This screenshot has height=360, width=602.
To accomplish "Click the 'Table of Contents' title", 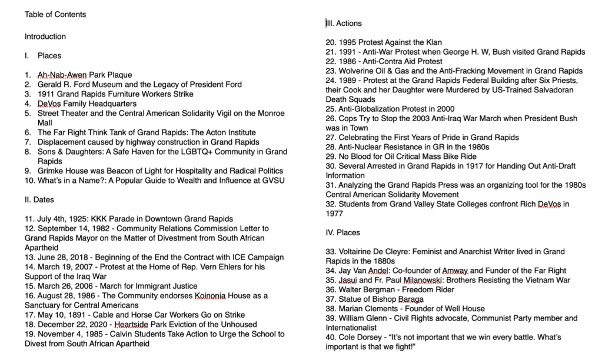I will click(55, 14).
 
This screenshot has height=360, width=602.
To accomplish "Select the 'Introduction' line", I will click(45, 36).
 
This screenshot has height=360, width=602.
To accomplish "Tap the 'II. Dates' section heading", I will click(39, 200).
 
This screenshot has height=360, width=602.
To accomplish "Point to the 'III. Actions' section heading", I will click(344, 24).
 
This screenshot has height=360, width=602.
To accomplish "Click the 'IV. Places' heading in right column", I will click(343, 232).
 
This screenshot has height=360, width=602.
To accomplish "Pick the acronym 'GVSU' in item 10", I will click(272, 180).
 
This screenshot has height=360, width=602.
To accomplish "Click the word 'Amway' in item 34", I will click(455, 271).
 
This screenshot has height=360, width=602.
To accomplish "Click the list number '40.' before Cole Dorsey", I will click(331, 337).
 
